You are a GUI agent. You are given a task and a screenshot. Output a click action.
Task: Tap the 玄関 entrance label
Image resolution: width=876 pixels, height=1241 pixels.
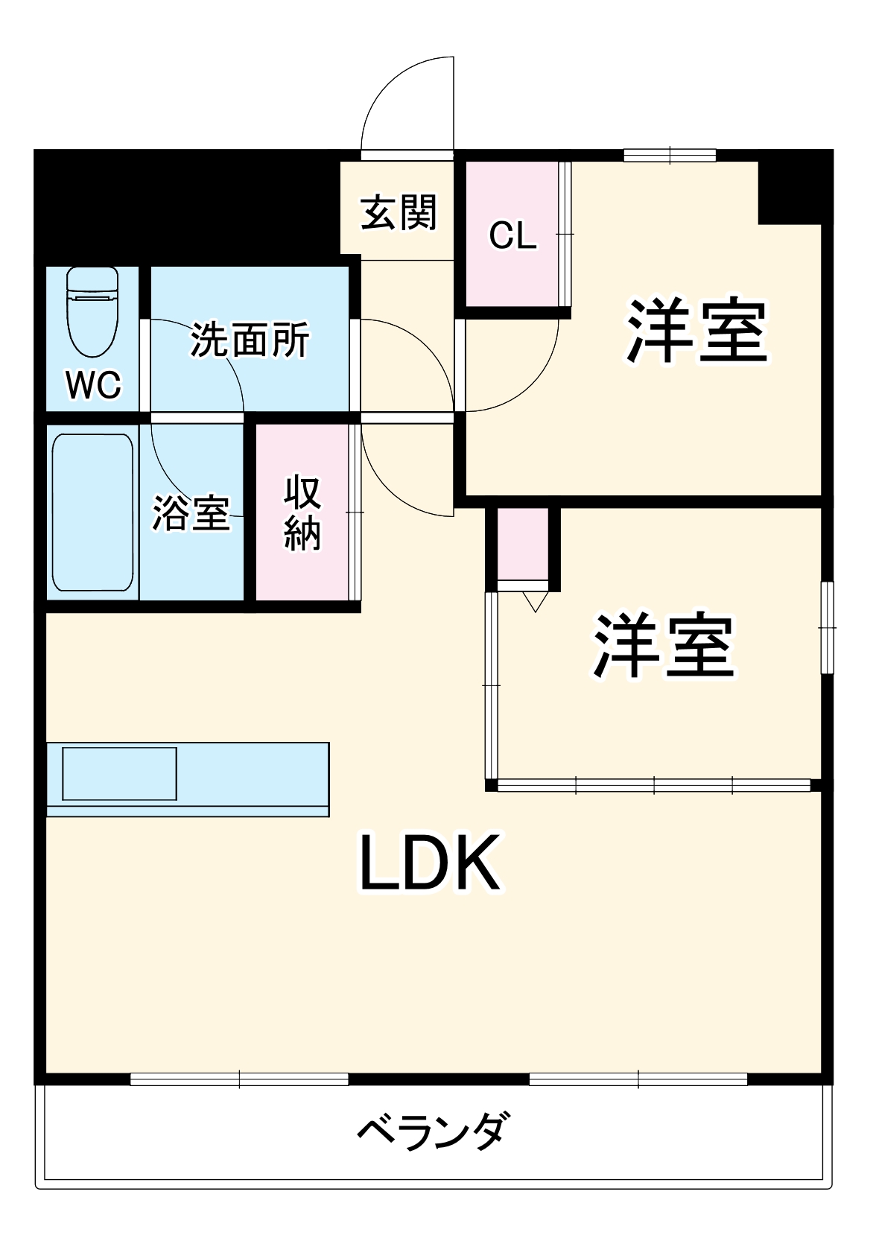(x=399, y=213)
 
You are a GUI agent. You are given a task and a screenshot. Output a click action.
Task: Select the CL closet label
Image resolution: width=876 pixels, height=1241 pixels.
(x=512, y=235)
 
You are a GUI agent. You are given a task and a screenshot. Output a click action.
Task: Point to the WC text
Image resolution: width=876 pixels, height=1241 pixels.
(x=93, y=385)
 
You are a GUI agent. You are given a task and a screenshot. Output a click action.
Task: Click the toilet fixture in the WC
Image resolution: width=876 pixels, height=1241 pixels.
(x=92, y=311)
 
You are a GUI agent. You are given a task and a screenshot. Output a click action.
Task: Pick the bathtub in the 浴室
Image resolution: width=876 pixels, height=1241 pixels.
(x=93, y=512)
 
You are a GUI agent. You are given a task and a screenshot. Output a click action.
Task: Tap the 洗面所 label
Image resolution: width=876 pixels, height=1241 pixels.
(x=250, y=340)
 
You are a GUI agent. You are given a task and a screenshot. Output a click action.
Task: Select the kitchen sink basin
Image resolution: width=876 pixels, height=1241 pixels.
(x=119, y=774)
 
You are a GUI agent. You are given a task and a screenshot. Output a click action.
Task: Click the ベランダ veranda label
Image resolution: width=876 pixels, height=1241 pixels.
(x=434, y=1131)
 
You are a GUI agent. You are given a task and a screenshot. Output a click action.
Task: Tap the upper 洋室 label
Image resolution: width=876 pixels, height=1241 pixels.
(x=696, y=331)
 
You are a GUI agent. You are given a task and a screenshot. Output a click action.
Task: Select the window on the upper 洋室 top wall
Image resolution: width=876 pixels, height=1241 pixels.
(x=670, y=155)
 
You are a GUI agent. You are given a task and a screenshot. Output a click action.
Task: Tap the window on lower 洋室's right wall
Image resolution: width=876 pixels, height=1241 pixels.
(x=827, y=627)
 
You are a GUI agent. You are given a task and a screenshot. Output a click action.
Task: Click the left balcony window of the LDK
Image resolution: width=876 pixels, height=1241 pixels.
(x=239, y=1079)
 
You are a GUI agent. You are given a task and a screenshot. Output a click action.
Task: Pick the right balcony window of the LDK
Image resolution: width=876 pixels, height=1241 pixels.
(x=638, y=1079)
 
